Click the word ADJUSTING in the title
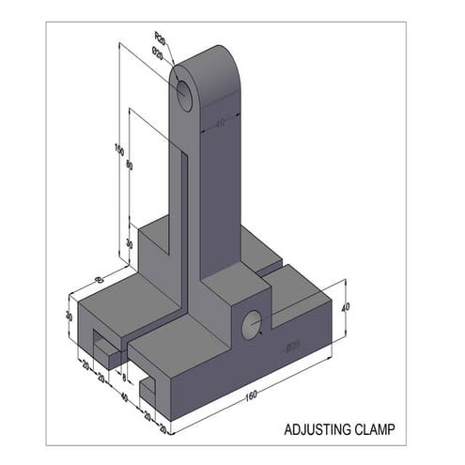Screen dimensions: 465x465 [317, 430]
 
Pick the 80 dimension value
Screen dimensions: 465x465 [129, 166]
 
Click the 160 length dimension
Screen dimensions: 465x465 [251, 395]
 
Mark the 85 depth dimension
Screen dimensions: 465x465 [100, 278]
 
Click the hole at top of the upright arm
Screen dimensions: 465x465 [184, 92]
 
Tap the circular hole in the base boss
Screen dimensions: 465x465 [252, 325]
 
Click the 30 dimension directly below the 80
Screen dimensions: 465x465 [129, 243]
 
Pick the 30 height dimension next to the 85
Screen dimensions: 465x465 [70, 317]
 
